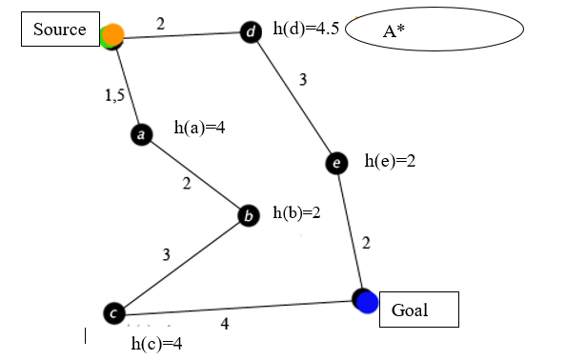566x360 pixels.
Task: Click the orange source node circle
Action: pyautogui.click(x=113, y=36)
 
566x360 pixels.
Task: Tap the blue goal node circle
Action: pyautogui.click(x=366, y=301)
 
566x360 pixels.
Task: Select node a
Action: pyautogui.click(x=141, y=135)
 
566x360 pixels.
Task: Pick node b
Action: pyautogui.click(x=249, y=216)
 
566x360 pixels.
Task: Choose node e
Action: pyautogui.click(x=336, y=164)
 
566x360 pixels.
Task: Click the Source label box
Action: pyautogui.click(x=60, y=30)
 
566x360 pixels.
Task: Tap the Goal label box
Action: pyautogui.click(x=419, y=310)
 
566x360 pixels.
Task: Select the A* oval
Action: pyautogui.click(x=435, y=31)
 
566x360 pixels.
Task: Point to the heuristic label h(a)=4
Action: pyautogui.click(x=199, y=127)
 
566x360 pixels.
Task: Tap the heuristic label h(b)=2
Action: pyautogui.click(x=296, y=212)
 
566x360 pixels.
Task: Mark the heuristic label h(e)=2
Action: pyautogui.click(x=390, y=162)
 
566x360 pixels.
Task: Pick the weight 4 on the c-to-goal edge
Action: pyautogui.click(x=225, y=324)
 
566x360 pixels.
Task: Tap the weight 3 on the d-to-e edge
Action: pyautogui.click(x=303, y=80)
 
